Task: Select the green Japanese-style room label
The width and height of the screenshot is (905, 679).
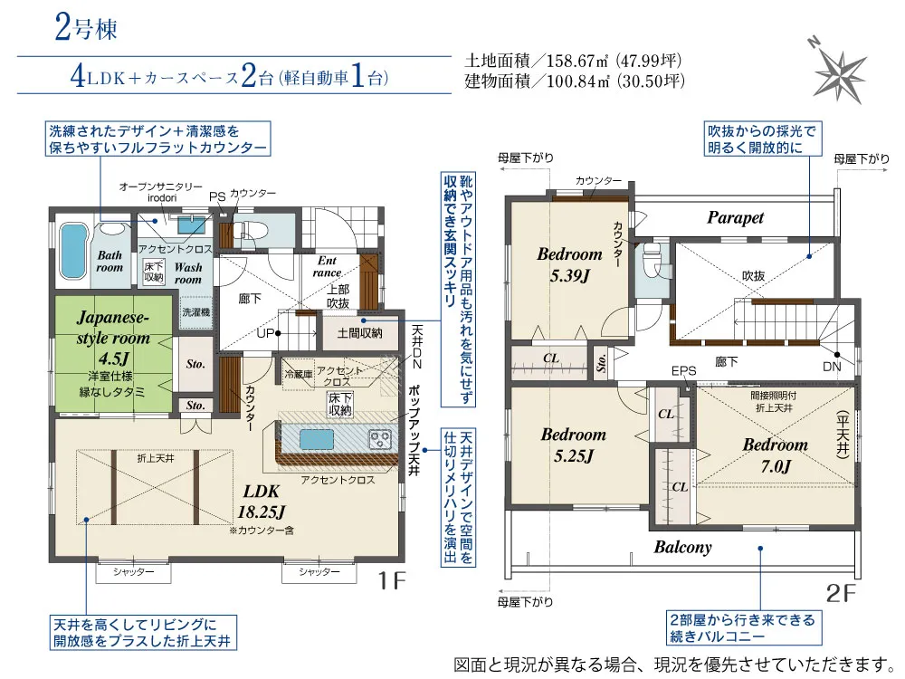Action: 114,337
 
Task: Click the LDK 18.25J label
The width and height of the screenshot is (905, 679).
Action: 262,502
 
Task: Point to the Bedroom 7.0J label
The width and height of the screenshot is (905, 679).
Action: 775,455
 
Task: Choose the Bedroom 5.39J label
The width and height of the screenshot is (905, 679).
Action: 569,264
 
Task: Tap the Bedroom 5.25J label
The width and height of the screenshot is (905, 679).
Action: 574,445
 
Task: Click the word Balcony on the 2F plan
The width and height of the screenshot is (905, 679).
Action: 682,547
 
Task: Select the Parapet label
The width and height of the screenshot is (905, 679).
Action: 735,217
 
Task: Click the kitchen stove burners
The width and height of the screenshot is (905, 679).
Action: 380,439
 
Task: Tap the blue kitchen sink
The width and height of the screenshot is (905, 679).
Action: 316,440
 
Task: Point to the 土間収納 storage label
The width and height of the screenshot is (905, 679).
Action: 359,333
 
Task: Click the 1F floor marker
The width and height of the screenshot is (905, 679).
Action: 392,580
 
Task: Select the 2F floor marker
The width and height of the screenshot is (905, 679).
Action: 841,593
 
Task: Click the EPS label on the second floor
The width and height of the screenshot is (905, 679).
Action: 684,371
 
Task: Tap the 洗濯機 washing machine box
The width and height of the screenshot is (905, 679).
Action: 196,312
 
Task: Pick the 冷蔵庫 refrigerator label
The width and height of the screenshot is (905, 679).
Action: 299,375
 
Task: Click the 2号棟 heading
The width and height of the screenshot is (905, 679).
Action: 86,28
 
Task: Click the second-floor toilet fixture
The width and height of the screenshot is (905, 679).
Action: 653,262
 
